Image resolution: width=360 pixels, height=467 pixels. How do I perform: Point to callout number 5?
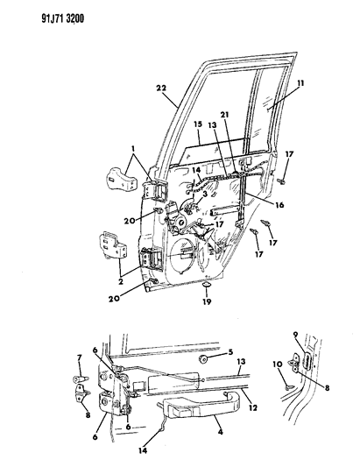[x=230, y=355]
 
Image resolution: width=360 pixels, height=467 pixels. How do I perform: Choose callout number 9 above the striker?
[x=296, y=334]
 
